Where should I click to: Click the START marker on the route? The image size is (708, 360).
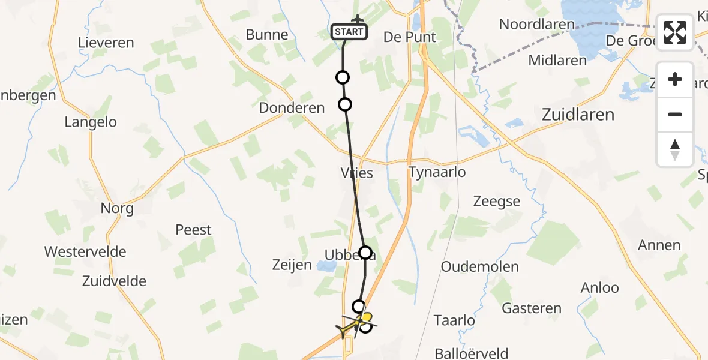click(349, 32)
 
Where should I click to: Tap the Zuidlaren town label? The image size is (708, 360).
click(578, 114)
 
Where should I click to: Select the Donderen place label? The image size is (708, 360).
click(292, 108)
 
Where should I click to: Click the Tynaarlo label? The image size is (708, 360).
click(437, 172)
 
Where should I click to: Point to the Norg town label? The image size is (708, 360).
click(117, 209)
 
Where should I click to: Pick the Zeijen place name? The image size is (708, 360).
click(292, 265)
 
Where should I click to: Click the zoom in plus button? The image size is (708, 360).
click(675, 79)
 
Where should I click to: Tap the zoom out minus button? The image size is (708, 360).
click(675, 114)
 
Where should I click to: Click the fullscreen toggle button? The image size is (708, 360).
click(675, 32)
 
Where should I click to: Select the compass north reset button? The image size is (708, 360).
click(675, 148)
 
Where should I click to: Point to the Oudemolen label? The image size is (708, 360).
click(479, 266)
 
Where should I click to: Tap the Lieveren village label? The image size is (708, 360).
click(106, 43)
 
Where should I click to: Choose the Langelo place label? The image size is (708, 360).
click(91, 122)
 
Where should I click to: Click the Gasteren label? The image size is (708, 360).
click(532, 308)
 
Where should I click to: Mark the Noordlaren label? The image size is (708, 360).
click(537, 25)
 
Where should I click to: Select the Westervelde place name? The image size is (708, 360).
click(85, 251)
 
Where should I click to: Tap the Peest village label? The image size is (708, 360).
click(193, 230)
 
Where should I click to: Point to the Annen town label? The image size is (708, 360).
click(659, 245)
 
